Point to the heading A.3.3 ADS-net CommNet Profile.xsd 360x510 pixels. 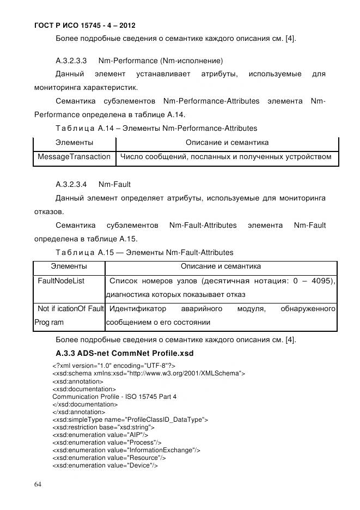point(125,353)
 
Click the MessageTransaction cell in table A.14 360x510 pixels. point(74,157)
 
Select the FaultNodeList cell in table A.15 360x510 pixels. point(60,281)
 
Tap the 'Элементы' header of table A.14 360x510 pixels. point(74,143)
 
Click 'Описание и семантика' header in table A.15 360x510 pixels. point(221,266)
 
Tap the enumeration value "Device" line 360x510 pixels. point(105,465)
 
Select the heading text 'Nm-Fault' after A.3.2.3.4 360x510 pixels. point(114,184)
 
